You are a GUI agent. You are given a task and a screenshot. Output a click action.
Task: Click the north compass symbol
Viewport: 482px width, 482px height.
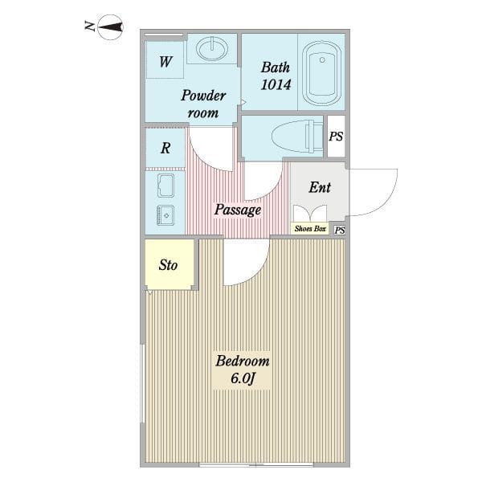(x=110, y=27)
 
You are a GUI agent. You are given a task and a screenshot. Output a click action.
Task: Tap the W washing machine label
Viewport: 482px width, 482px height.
(x=165, y=62)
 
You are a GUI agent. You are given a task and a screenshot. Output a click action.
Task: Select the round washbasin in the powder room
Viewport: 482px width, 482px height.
(x=212, y=48)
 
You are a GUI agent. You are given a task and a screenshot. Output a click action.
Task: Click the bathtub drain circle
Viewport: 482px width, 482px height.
(x=322, y=60)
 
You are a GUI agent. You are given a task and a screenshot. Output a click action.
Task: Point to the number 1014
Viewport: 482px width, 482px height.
(x=276, y=84)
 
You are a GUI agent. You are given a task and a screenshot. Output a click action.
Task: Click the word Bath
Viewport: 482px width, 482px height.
(x=276, y=67)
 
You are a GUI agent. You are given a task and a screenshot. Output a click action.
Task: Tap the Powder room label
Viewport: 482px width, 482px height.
(x=203, y=104)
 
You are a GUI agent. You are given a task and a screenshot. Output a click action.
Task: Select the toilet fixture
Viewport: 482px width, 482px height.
(x=297, y=137)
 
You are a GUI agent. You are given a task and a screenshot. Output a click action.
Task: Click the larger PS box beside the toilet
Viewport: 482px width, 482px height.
(x=336, y=137)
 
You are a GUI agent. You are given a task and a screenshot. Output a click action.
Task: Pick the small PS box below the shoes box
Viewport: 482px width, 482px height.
(x=340, y=231)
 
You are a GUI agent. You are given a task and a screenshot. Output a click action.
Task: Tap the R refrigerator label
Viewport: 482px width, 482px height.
(x=165, y=148)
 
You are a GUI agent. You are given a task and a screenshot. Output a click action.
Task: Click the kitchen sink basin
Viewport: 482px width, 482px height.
(x=166, y=186)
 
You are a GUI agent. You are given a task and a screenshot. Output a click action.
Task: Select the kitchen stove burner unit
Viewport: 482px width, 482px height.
(x=166, y=215)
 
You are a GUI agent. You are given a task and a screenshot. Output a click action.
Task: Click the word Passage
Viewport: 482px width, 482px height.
(x=238, y=210)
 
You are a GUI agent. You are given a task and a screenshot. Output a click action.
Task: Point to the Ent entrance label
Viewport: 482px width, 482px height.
(x=320, y=187)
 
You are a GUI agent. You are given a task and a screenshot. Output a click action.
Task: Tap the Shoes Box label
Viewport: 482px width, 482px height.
(x=310, y=229)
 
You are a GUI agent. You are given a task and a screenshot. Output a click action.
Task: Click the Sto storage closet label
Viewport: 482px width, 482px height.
(x=168, y=265)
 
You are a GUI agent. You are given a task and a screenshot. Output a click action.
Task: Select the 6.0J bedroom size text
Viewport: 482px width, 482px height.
(x=243, y=378)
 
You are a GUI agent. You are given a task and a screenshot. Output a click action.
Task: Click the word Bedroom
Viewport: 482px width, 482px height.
(x=243, y=361)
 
